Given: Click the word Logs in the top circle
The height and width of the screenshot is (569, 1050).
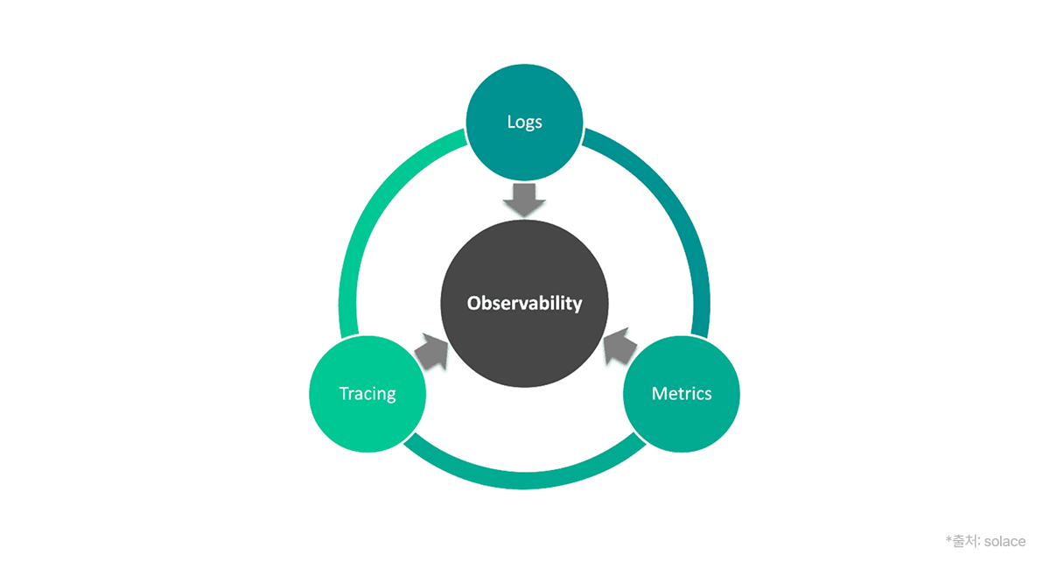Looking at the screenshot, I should [524, 122].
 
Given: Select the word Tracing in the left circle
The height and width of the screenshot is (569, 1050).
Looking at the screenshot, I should [367, 394].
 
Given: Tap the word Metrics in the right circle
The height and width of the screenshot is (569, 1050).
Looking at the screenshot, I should [682, 394].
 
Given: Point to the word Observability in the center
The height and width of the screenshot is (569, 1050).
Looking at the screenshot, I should [524, 304].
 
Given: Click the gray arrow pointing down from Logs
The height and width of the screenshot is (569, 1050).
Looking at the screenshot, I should [524, 200].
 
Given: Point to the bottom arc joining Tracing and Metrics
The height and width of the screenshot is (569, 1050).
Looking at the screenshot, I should [525, 480].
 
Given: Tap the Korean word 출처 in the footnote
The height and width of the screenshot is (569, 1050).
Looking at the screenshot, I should [963, 541].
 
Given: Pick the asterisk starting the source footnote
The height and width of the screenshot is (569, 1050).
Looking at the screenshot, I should [948, 539].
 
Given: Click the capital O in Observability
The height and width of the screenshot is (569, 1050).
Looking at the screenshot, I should [473, 304].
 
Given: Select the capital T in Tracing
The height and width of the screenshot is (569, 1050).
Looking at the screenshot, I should [344, 394].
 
